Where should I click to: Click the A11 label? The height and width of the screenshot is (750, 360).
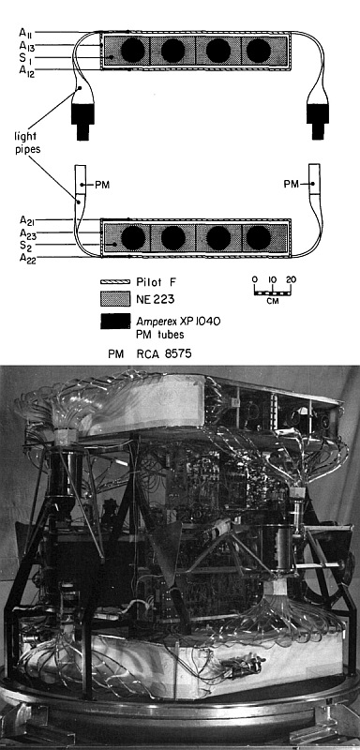point(25,33)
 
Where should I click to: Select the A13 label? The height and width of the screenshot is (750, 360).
point(26,45)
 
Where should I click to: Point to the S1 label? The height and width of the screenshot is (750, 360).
point(26,58)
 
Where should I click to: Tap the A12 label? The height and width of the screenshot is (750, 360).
point(26,71)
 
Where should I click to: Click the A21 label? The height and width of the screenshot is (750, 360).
point(26,220)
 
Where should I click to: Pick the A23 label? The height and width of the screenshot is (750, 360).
point(26,233)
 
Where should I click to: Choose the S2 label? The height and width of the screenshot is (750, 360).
point(26,246)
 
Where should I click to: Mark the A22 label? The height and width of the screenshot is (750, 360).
point(26,259)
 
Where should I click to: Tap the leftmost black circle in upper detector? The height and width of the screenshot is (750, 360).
point(133,51)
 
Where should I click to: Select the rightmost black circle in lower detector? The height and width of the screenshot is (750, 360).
point(258,238)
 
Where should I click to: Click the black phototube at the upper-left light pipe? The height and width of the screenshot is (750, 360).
point(82,122)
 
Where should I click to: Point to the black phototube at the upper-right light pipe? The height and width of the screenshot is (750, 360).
point(318,122)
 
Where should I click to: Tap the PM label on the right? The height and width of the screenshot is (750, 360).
point(292,184)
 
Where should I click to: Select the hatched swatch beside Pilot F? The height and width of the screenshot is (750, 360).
point(115,282)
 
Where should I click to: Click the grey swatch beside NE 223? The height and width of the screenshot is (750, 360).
point(115,300)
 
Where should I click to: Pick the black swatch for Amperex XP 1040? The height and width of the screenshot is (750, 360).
point(115,322)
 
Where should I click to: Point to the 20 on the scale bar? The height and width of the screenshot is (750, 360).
point(292,279)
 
